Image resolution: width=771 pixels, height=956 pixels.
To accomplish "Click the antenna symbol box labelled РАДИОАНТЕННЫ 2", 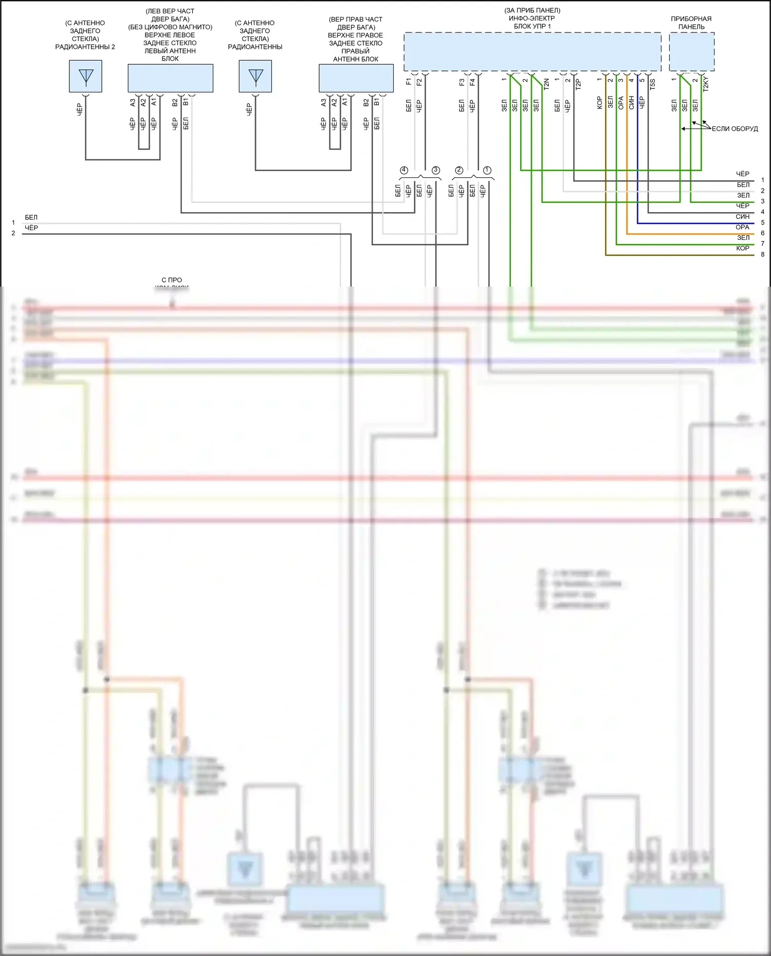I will (x=85, y=76).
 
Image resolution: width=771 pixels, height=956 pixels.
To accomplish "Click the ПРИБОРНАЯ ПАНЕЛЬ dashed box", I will (x=691, y=52).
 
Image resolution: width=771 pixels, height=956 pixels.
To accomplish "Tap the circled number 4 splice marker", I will (x=404, y=170).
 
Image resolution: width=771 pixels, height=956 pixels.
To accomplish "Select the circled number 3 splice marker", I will (x=436, y=170).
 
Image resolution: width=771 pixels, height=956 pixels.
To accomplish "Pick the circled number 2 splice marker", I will (x=459, y=170).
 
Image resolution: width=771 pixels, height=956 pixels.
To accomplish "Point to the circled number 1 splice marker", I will (x=487, y=170).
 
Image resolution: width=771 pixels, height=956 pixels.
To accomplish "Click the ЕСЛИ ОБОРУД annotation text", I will (x=735, y=129).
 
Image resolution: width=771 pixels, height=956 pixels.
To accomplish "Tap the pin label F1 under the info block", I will (x=409, y=82).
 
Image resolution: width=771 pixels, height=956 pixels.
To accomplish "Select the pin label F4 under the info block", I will (x=472, y=82).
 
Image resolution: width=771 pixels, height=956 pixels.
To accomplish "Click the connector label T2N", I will (x=546, y=84).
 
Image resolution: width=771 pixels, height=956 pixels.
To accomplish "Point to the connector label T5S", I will (x=653, y=84).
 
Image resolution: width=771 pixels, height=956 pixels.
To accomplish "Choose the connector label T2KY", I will (x=706, y=84).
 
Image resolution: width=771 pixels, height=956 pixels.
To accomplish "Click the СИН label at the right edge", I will (x=742, y=217).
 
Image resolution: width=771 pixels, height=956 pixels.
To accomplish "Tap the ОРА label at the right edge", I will (x=742, y=227).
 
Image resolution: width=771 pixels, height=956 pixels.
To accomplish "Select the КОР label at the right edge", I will (x=742, y=249).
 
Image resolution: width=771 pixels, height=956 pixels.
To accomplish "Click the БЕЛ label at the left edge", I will (x=31, y=217).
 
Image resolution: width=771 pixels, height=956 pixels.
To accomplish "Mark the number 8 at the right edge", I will (x=763, y=254).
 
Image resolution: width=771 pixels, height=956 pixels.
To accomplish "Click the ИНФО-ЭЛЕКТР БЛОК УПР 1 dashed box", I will (x=532, y=52).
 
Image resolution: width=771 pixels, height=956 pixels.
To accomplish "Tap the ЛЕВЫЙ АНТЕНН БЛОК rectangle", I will (x=170, y=78).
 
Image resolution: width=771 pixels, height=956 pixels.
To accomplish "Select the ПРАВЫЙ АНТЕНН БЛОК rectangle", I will (x=356, y=78).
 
